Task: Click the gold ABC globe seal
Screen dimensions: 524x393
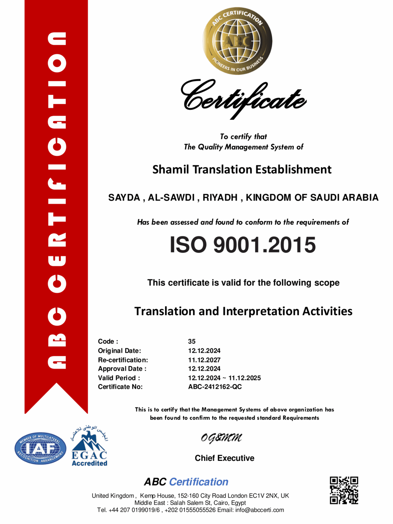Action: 237,41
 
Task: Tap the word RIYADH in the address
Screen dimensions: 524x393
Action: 220,198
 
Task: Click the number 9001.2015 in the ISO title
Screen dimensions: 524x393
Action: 264,245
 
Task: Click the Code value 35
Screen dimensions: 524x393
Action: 192,341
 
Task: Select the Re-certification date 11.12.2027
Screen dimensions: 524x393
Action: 204,360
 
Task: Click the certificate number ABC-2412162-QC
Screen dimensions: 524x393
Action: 215,387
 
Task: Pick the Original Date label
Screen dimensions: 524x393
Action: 119,351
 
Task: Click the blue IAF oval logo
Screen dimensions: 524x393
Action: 41,449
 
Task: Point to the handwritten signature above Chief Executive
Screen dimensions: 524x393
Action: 221,438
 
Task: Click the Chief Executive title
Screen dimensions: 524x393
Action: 224,458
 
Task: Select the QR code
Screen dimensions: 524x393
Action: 344,490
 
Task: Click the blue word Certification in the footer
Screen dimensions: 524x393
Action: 199,482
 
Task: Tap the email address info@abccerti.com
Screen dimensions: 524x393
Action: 260,510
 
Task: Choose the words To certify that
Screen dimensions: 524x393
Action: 243,136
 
